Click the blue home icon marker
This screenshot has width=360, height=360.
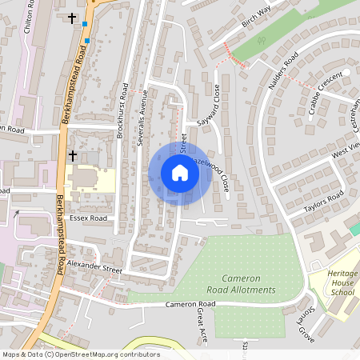(x=179, y=173)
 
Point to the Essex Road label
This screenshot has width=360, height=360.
(x=88, y=217)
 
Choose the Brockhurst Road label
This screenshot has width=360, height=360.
(x=121, y=112)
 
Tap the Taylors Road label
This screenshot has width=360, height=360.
(x=323, y=202)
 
